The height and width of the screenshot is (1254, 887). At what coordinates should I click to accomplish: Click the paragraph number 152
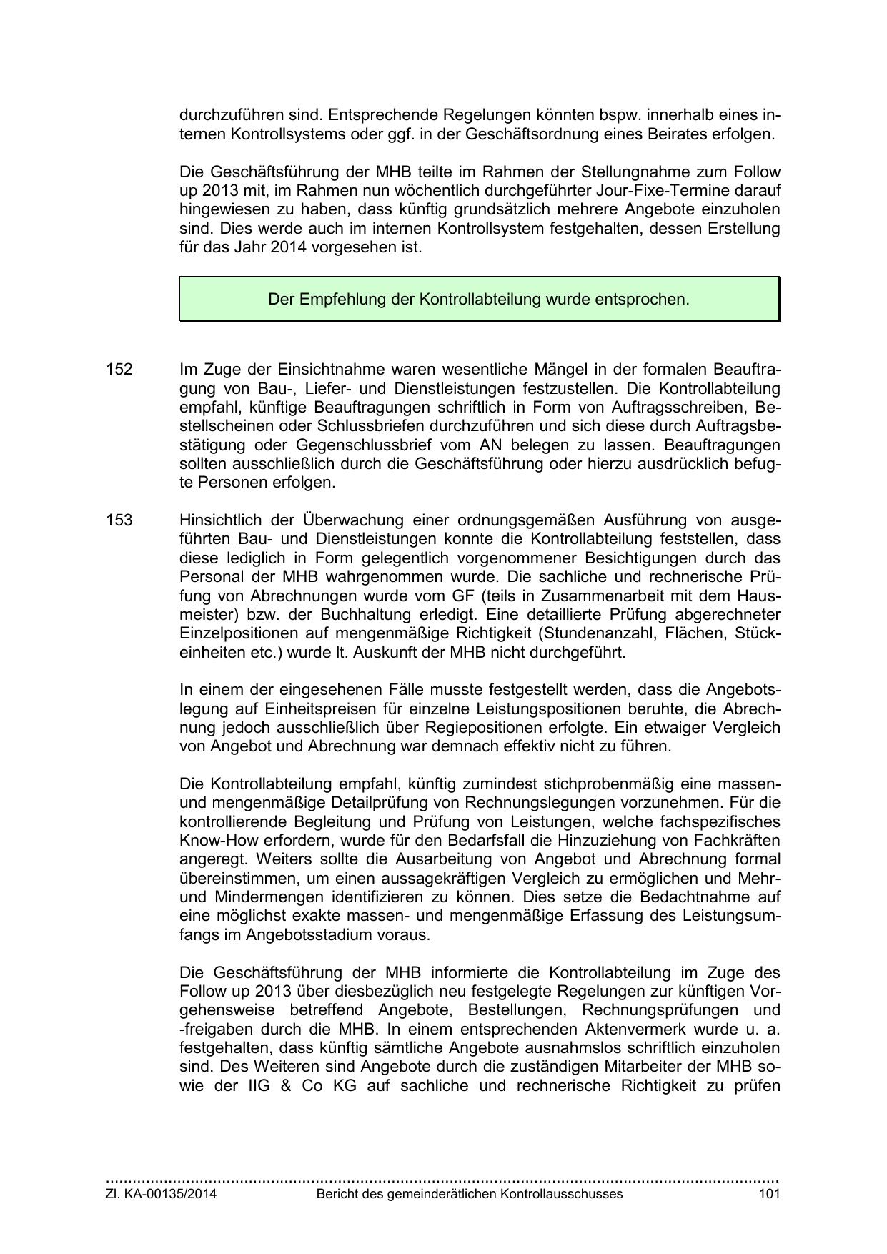(x=119, y=370)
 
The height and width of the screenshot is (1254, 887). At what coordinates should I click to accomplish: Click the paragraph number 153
(x=119, y=520)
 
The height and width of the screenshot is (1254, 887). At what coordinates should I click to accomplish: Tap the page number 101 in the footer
(x=769, y=1193)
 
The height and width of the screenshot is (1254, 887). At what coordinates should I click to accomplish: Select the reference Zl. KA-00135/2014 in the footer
(x=162, y=1193)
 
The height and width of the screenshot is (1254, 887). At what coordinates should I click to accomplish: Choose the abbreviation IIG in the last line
(x=262, y=1086)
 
